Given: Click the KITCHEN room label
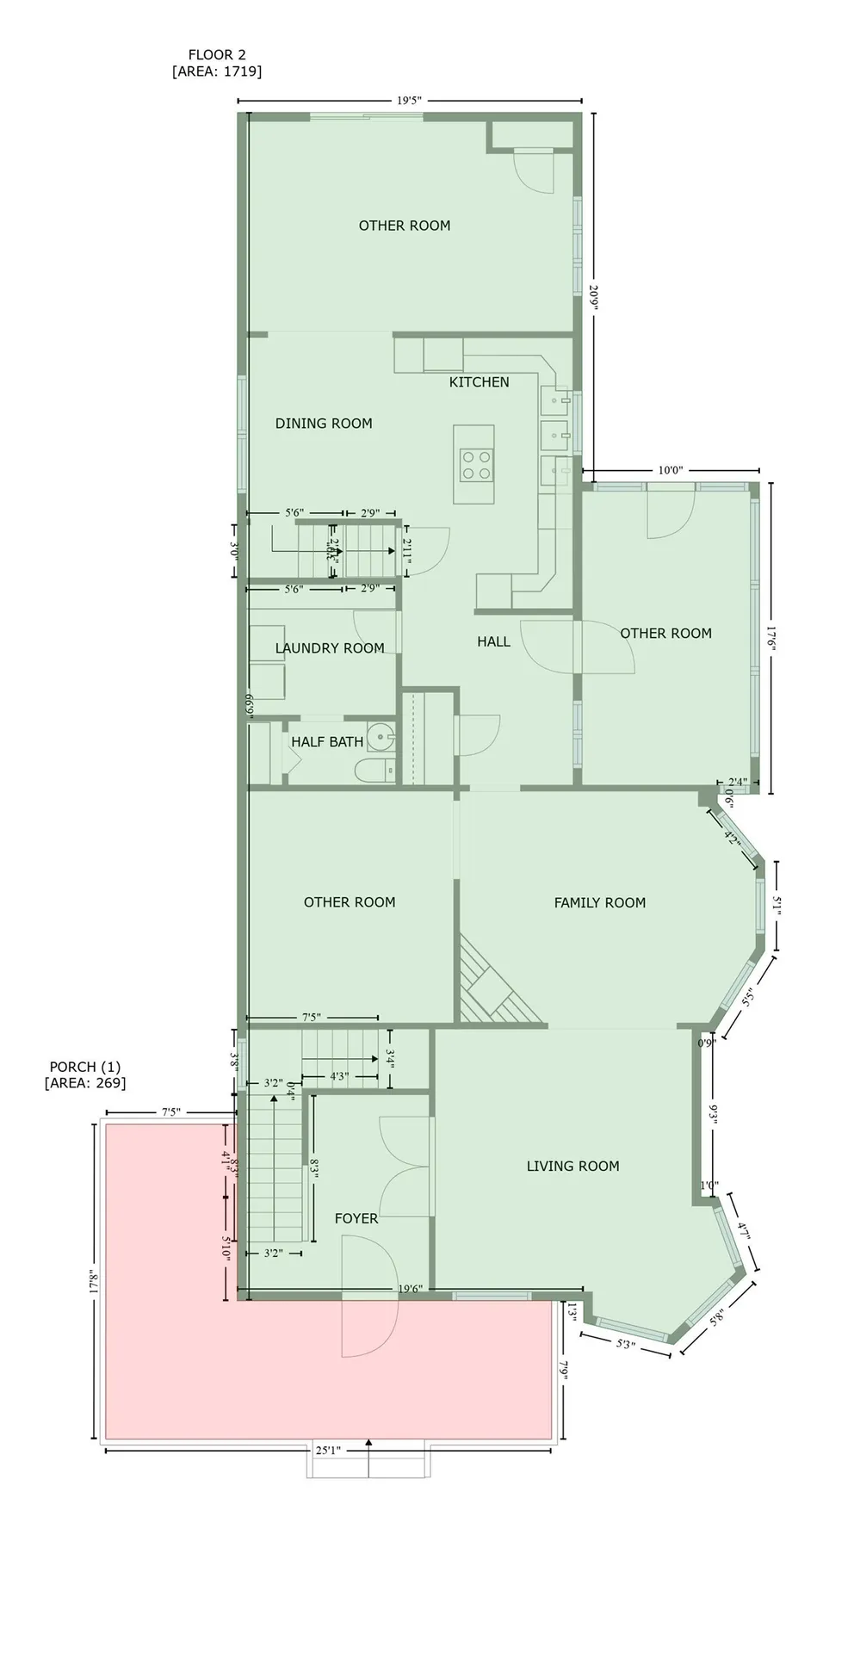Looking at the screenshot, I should [x=479, y=381].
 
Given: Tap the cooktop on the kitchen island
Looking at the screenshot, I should [x=476, y=465].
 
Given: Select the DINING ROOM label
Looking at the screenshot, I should [x=324, y=423].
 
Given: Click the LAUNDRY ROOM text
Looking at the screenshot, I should [x=330, y=648].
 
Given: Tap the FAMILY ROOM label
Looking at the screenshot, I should [x=599, y=902].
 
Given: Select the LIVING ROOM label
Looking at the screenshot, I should [x=572, y=1166].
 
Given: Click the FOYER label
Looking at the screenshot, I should [x=356, y=1218].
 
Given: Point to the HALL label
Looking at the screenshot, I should [x=493, y=641].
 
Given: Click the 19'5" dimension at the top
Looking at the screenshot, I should [x=409, y=100].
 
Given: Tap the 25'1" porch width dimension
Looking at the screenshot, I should [x=327, y=1450].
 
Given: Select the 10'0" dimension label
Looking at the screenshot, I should [x=670, y=470].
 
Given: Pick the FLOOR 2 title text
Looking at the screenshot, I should [x=217, y=55].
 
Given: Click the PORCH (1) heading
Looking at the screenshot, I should [x=85, y=1068].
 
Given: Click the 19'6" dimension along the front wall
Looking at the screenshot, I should [x=410, y=1289].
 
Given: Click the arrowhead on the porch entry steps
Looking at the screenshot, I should [x=368, y=1441].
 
